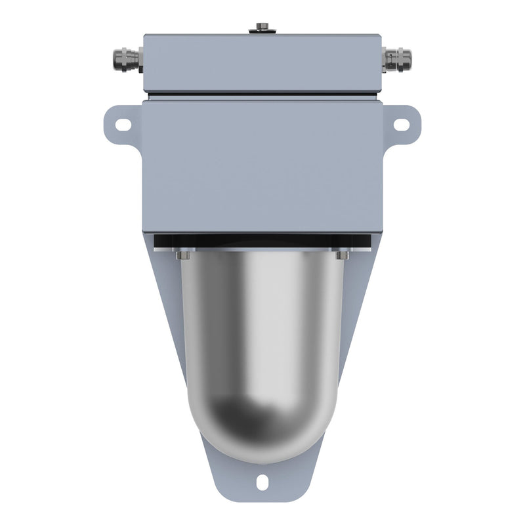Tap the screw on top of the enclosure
[x=262, y=27]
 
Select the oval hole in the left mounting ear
[x=123, y=123]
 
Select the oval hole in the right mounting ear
[x=401, y=123]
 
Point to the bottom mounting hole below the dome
[x=262, y=483]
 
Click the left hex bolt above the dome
[x=183, y=255]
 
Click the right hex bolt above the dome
[x=342, y=255]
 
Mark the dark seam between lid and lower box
[x=262, y=96]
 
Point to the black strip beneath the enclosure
[x=262, y=241]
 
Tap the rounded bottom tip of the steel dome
[x=262, y=456]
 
